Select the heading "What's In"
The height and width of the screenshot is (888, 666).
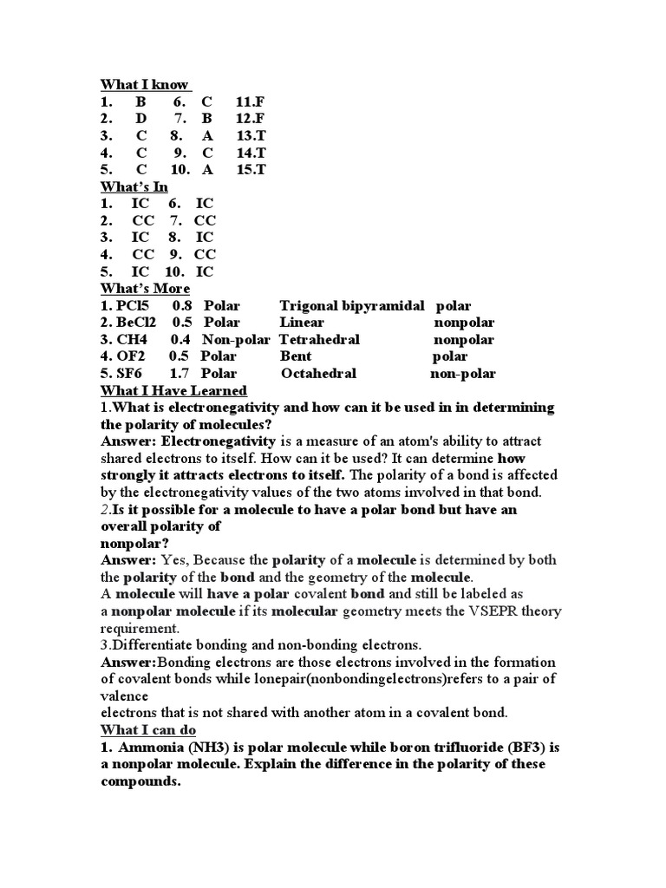(134, 186)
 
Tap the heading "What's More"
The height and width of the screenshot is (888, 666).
(145, 288)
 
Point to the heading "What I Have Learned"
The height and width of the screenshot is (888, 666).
(173, 390)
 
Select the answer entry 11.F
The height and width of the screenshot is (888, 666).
(250, 101)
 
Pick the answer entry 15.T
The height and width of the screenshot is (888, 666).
(251, 169)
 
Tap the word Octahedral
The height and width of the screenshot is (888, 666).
(318, 374)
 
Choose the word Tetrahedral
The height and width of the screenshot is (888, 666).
(319, 339)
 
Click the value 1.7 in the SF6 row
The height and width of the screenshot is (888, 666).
(180, 374)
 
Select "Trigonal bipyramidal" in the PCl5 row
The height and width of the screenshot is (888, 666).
(352, 305)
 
